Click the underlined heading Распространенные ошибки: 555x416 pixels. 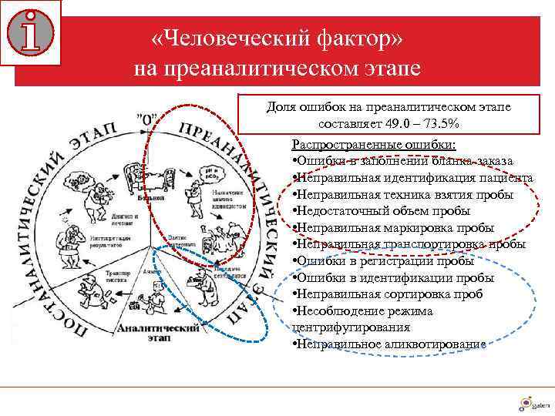374,145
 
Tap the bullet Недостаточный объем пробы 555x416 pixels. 378,210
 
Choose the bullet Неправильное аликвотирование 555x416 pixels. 389,344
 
